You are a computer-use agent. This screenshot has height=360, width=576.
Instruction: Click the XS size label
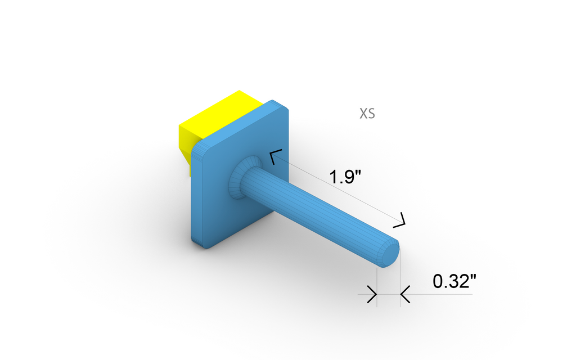pyautogui.click(x=367, y=114)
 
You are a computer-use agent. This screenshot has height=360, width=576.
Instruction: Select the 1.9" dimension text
pyautogui.click(x=345, y=177)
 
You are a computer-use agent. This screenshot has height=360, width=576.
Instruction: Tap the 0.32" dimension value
pyautogui.click(x=454, y=281)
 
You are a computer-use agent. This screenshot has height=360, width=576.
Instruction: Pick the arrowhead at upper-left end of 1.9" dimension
pyautogui.click(x=274, y=157)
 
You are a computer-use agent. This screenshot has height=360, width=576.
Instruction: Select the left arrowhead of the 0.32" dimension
pyautogui.click(x=372, y=294)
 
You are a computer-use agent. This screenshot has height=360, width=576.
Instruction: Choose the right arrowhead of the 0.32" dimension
pyautogui.click(x=405, y=294)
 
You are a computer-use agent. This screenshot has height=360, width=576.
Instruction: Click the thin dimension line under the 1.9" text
pyautogui.click(x=337, y=189)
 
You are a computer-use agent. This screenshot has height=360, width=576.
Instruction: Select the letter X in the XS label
pyautogui.click(x=363, y=114)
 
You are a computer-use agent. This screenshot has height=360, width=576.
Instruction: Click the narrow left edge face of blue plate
pyautogui.click(x=194, y=197)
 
